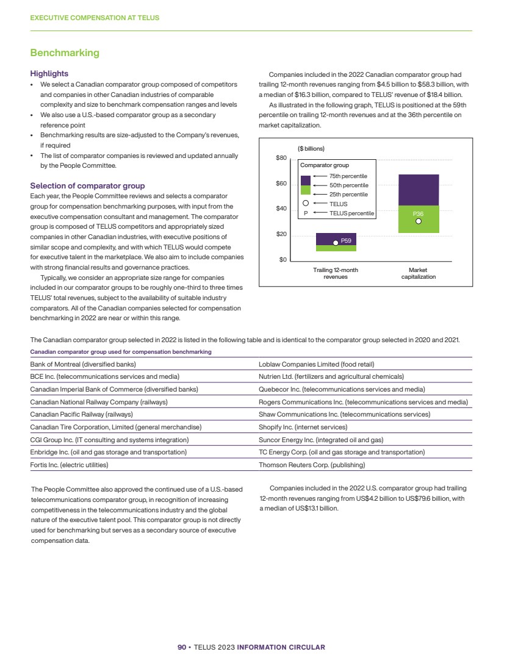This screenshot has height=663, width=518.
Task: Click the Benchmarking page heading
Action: point(65,53)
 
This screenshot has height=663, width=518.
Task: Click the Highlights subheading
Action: point(49,73)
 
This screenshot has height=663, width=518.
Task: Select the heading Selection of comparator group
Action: point(87,185)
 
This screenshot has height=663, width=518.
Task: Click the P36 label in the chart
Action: point(418,213)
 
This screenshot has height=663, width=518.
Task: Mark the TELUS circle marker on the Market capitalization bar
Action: point(419,221)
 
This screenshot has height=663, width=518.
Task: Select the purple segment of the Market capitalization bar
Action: point(419,190)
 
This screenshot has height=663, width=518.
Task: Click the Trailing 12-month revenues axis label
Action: point(336,273)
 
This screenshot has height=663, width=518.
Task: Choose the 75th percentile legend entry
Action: point(348,176)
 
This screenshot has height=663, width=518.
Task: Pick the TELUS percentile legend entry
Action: point(351,213)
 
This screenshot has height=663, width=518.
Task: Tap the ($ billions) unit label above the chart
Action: point(311,148)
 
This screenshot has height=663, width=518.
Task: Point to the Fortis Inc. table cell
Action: point(70,465)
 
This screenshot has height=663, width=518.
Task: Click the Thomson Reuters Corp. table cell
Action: point(312,465)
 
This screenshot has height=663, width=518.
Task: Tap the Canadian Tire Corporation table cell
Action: point(116,427)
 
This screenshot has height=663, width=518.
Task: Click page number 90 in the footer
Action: point(181,647)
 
